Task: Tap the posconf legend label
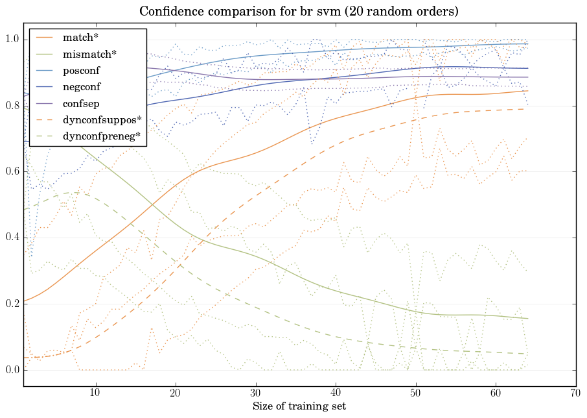pos(80,70)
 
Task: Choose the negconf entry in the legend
pos(81,86)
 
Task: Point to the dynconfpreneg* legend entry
pos(102,136)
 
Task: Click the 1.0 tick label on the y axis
pos(12,40)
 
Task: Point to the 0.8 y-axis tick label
pos(12,106)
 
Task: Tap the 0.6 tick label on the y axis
pos(12,172)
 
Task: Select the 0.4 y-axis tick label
pos(12,238)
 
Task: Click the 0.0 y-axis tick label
pos(12,370)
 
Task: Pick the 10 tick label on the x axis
pos(95,393)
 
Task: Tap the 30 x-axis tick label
pos(256,393)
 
